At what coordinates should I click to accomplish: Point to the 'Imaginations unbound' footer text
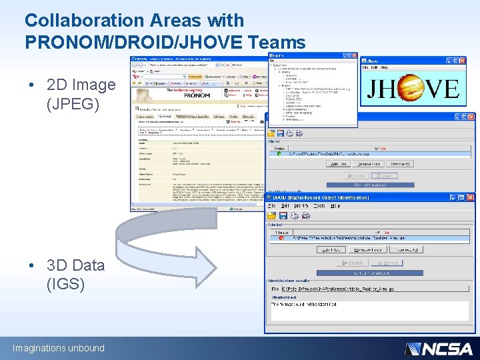[59, 348]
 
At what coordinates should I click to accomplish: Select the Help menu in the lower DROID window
[335, 206]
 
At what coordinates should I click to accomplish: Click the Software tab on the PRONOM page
[219, 117]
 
